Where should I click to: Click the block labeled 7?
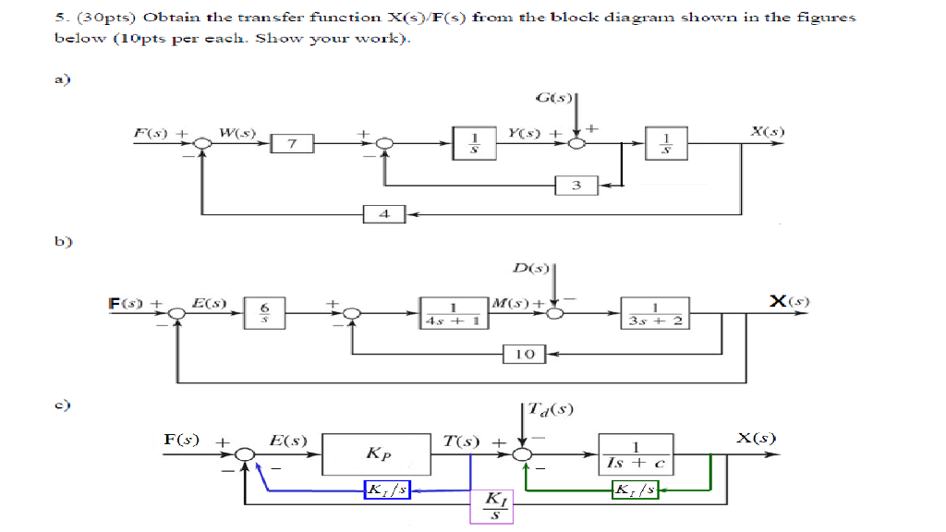click(293, 143)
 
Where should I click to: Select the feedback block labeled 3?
click(576, 186)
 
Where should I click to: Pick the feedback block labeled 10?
click(525, 353)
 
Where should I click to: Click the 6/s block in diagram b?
click(264, 312)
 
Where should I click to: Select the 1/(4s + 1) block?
click(453, 313)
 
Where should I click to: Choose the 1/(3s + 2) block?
click(654, 313)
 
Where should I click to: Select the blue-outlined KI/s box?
click(387, 489)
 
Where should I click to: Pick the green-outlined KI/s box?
click(636, 489)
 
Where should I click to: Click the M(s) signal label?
click(510, 303)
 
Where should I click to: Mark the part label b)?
click(63, 243)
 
